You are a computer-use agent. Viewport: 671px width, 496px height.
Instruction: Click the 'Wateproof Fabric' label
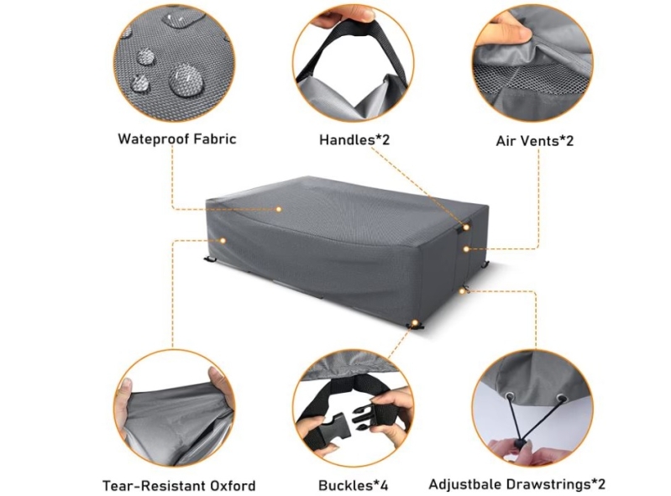point(176,139)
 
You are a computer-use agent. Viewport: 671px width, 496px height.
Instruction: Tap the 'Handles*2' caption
point(354,139)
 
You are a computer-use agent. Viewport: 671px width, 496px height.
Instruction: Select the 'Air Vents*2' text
point(534,141)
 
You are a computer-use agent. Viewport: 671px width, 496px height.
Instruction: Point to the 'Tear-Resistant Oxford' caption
point(179,486)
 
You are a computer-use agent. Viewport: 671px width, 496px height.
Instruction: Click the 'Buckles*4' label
point(353,485)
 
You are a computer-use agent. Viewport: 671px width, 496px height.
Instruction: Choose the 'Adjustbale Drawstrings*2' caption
point(517,484)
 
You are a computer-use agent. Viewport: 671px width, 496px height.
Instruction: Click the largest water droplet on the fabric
point(186,81)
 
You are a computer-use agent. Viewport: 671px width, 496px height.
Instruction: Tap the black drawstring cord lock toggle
point(520,443)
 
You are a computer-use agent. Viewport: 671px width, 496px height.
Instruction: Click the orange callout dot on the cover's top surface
point(279,209)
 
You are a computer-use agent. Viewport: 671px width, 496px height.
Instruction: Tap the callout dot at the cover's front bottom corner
point(414,321)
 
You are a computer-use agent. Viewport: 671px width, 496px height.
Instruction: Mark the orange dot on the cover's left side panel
point(223,241)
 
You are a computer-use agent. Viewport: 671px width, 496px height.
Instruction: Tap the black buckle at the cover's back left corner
point(209,258)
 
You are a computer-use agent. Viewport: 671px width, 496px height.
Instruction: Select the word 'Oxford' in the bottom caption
point(233,486)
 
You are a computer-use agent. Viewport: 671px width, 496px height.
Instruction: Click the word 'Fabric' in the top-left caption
point(215,139)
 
